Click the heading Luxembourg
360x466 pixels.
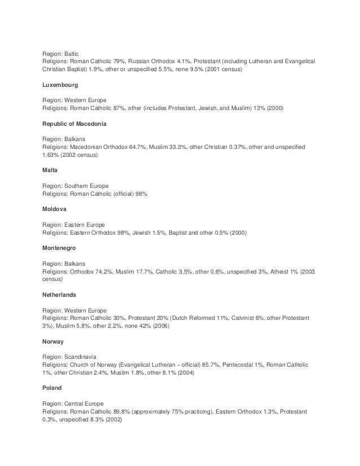point(60,85)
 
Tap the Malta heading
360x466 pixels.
point(51,170)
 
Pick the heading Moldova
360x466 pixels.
point(55,208)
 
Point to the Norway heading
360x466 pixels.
point(54,341)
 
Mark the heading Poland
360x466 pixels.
point(52,389)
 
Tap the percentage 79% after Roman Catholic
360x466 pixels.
point(133,60)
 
